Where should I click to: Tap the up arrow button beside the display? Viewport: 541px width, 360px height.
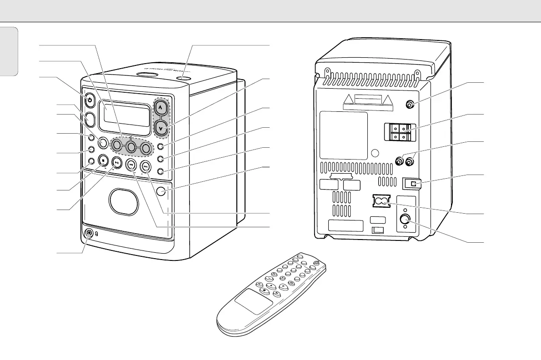(160, 108)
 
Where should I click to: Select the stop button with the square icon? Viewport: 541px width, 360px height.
(103, 160)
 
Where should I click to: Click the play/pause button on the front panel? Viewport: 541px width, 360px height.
(117, 162)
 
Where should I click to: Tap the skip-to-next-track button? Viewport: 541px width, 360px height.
(145, 167)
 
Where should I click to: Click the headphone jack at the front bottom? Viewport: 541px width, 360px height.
(89, 234)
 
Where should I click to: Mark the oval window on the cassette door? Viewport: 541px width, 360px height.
(124, 201)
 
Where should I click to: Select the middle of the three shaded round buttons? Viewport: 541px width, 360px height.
(131, 146)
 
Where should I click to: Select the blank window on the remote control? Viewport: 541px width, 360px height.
(253, 301)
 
